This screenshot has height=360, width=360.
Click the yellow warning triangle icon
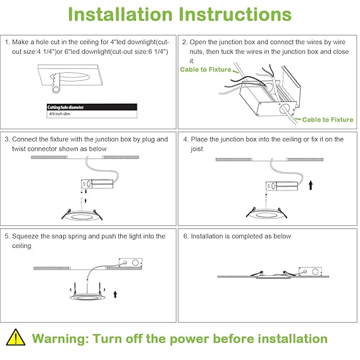click(x=15, y=338)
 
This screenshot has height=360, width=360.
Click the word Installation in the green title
click(x=120, y=15)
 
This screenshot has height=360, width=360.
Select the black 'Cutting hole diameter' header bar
click(x=92, y=107)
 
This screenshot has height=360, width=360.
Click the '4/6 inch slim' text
click(x=59, y=114)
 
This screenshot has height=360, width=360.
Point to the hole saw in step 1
click(x=56, y=83)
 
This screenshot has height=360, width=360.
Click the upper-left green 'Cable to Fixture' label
click(x=206, y=70)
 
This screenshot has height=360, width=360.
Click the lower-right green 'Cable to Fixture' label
click(x=328, y=120)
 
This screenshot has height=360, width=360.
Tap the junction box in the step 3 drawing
click(x=97, y=184)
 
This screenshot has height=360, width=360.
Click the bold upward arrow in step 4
click(x=311, y=185)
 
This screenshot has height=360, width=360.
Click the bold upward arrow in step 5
click(x=115, y=295)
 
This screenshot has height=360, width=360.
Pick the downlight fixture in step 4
click(x=266, y=213)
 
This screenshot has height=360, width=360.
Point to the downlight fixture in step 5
click(x=87, y=296)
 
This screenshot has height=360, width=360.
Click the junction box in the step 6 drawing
click(x=310, y=271)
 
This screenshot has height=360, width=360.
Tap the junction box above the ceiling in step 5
click(x=130, y=263)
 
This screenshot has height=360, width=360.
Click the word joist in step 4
click(x=197, y=149)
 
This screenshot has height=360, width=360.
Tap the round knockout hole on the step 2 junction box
click(x=285, y=109)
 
